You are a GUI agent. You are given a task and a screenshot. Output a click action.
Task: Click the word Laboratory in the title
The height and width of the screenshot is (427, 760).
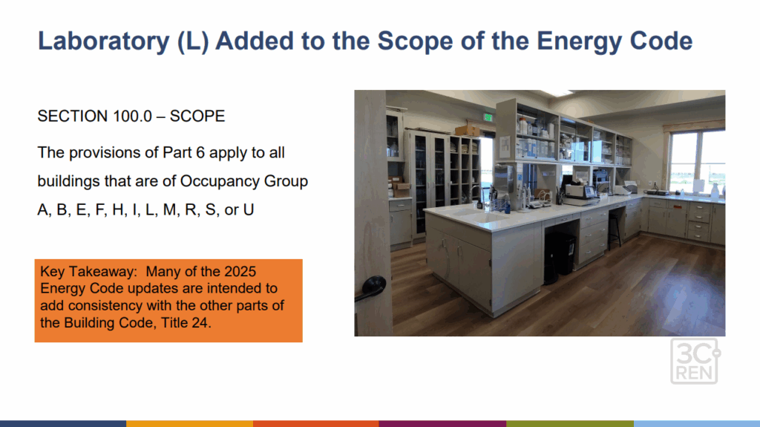pos(104,42)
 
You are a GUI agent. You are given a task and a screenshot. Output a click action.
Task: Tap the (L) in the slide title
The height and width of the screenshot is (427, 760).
pos(193,42)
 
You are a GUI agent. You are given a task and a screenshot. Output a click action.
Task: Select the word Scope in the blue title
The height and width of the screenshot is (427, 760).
pos(415,42)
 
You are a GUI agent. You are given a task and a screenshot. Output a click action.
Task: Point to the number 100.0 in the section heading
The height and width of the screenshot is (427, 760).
pos(132,117)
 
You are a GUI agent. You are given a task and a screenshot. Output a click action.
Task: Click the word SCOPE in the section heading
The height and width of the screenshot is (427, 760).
pos(197,117)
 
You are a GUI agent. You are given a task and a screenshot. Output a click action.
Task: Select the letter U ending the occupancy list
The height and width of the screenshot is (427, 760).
pos(248,209)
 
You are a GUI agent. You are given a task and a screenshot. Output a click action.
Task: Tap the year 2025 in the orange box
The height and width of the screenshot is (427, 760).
pos(240,271)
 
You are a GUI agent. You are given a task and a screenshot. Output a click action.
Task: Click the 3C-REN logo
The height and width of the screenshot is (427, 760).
pos(695,361)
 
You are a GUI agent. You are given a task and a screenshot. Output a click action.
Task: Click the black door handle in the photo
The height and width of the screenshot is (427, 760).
pos(371,287)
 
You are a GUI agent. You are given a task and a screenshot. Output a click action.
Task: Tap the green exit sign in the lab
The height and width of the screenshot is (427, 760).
pos(488,117)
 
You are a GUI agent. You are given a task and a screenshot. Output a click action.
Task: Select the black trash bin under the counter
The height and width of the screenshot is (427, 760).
pos(559,257)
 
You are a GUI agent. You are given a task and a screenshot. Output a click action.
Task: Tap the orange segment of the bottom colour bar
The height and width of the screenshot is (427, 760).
pos(316,423)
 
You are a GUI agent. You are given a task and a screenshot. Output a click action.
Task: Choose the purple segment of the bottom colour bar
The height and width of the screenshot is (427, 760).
pos(442,423)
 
